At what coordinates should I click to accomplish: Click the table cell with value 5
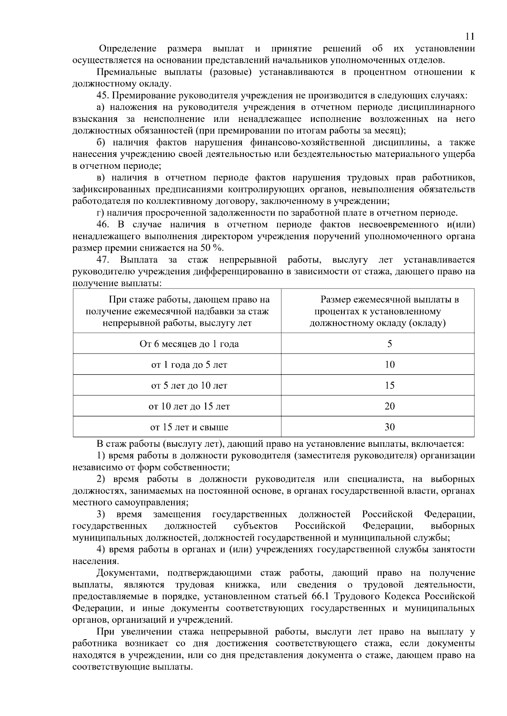(389, 343)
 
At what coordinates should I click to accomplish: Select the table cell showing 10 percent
(389, 364)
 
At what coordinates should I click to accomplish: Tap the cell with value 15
(389, 385)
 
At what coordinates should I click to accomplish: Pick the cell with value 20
(389, 406)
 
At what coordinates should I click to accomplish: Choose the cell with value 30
(389, 427)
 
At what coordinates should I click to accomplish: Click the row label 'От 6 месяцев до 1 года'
(189, 344)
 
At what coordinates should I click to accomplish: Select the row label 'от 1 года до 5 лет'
(189, 365)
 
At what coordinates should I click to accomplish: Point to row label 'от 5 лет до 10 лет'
(189, 386)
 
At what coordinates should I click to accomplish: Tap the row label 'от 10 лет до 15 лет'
(189, 406)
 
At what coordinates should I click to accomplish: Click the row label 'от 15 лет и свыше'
(189, 427)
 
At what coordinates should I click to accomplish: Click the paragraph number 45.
(103, 95)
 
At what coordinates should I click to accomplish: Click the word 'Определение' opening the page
(128, 49)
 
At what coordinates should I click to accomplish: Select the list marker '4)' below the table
(101, 550)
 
